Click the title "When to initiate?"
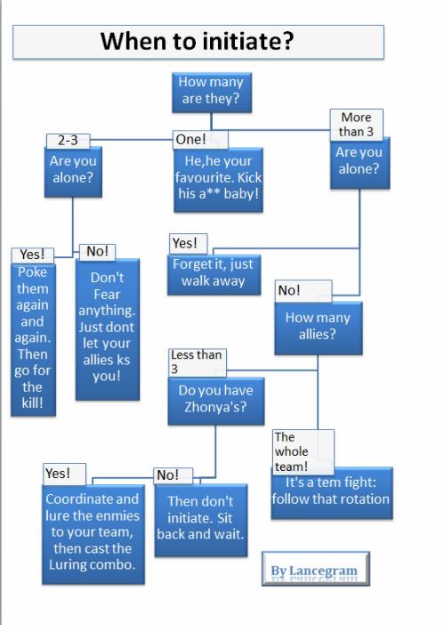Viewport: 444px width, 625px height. pyautogui.click(x=198, y=42)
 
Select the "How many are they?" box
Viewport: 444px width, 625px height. pyautogui.click(x=212, y=92)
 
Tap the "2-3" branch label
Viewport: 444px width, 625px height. pyautogui.click(x=69, y=141)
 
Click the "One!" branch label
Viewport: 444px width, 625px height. pyautogui.click(x=200, y=140)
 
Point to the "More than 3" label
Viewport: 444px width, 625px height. pyautogui.click(x=357, y=125)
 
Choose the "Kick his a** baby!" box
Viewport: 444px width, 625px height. pyautogui.click(x=218, y=180)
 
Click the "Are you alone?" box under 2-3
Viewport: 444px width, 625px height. pyautogui.click(x=73, y=172)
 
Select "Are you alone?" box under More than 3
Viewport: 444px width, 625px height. pyautogui.click(x=360, y=163)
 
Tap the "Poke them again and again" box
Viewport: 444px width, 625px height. pyautogui.click(x=33, y=340)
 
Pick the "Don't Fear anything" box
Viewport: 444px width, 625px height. pyautogui.click(x=107, y=329)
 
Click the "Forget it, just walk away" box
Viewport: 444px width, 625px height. pyautogui.click(x=214, y=274)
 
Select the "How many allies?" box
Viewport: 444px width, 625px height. pyautogui.click(x=319, y=328)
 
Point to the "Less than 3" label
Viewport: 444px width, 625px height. pyautogui.click(x=198, y=362)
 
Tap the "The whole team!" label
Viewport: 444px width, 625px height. pyautogui.click(x=303, y=451)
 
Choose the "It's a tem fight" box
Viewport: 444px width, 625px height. pyautogui.click(x=332, y=493)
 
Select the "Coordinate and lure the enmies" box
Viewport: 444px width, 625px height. pyautogui.click(x=93, y=534)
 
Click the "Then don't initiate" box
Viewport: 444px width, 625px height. pyautogui.click(x=201, y=520)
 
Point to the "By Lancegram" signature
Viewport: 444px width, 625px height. pyautogui.click(x=315, y=569)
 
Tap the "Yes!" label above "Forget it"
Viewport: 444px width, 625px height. pyautogui.click(x=188, y=244)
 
